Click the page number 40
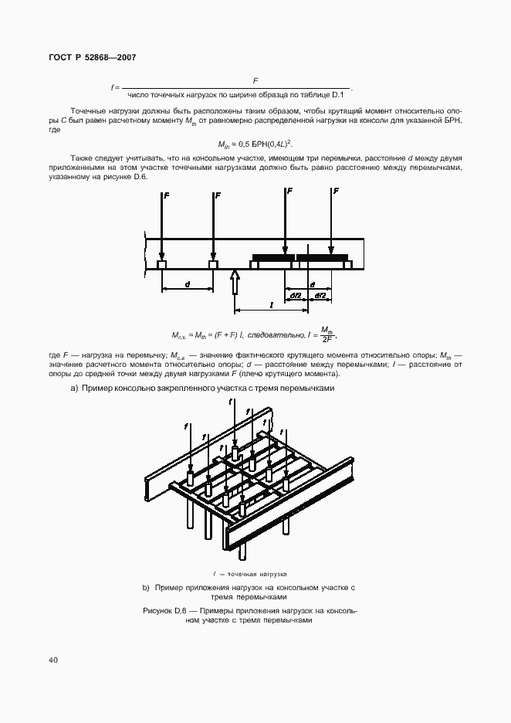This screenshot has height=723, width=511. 52,660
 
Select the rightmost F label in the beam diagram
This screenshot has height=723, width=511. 335,191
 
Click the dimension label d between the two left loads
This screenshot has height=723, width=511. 187,283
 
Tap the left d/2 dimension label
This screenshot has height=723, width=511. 296,295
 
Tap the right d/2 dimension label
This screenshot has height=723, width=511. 320,295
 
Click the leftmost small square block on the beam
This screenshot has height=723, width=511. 162,265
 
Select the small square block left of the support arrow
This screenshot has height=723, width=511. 213,265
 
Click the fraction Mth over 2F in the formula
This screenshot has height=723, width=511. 326,334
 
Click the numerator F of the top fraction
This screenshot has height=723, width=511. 255,80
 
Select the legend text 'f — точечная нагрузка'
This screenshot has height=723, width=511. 250,574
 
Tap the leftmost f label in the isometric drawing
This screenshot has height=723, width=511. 186,426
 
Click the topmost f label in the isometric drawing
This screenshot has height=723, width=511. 231,402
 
